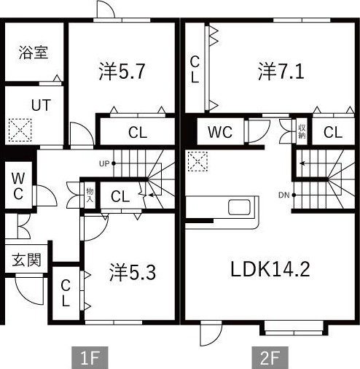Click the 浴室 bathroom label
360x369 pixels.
coord(33,53)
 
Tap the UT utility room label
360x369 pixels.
coord(41,104)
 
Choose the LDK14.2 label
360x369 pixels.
coord(270,269)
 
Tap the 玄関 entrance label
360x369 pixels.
coord(25,260)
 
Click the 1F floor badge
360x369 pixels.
coord(90,357)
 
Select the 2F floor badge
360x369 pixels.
coord(270,357)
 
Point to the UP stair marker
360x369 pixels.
coord(104,163)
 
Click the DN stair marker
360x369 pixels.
coord(283,195)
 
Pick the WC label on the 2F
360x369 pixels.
coord(219,133)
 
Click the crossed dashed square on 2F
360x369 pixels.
coord(197,161)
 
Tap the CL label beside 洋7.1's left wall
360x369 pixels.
coord(195,70)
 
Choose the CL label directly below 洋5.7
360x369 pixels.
coord(138,133)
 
